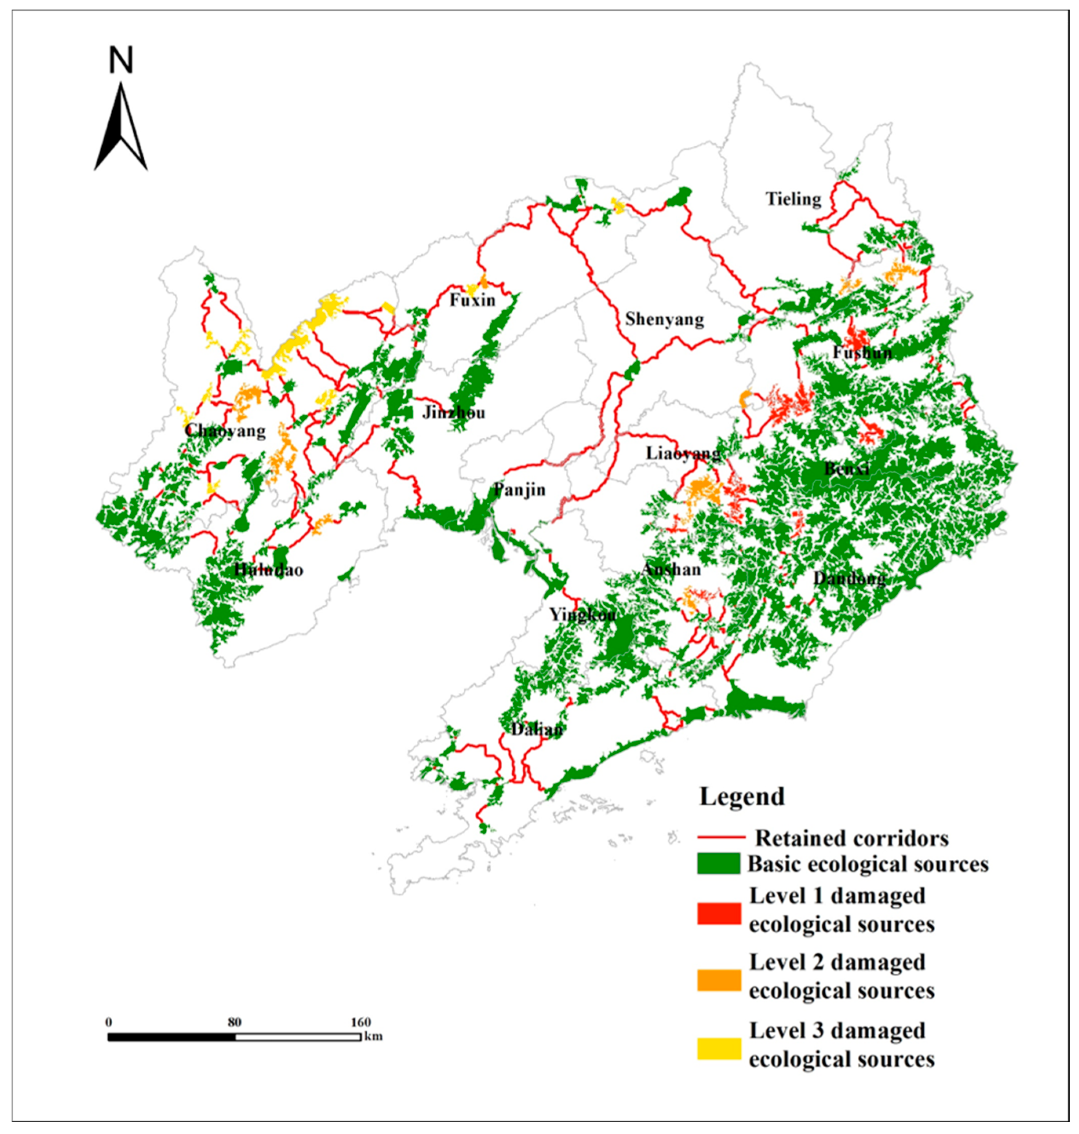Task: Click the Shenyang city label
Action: coord(664,319)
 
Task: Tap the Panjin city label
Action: coord(519,490)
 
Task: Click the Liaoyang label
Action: coord(683,453)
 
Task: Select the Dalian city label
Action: coord(537,730)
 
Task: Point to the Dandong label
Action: coord(849,579)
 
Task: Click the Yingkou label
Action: coord(582,615)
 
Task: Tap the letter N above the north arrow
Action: coord(121,60)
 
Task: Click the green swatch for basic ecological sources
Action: coord(718,863)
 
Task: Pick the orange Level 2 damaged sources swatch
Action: coord(718,980)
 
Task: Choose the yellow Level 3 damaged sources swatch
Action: coord(718,1048)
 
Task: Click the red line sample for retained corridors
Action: coord(721,838)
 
